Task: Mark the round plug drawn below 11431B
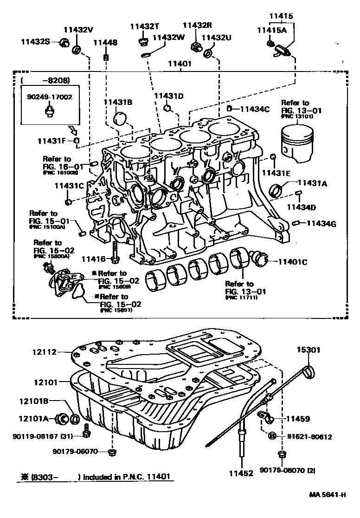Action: [x=120, y=118]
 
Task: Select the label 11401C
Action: [x=293, y=262]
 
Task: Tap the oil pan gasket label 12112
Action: [x=45, y=352]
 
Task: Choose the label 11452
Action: [x=241, y=473]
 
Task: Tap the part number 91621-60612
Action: [x=309, y=437]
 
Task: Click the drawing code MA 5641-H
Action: [x=327, y=508]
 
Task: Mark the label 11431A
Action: [x=312, y=183]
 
